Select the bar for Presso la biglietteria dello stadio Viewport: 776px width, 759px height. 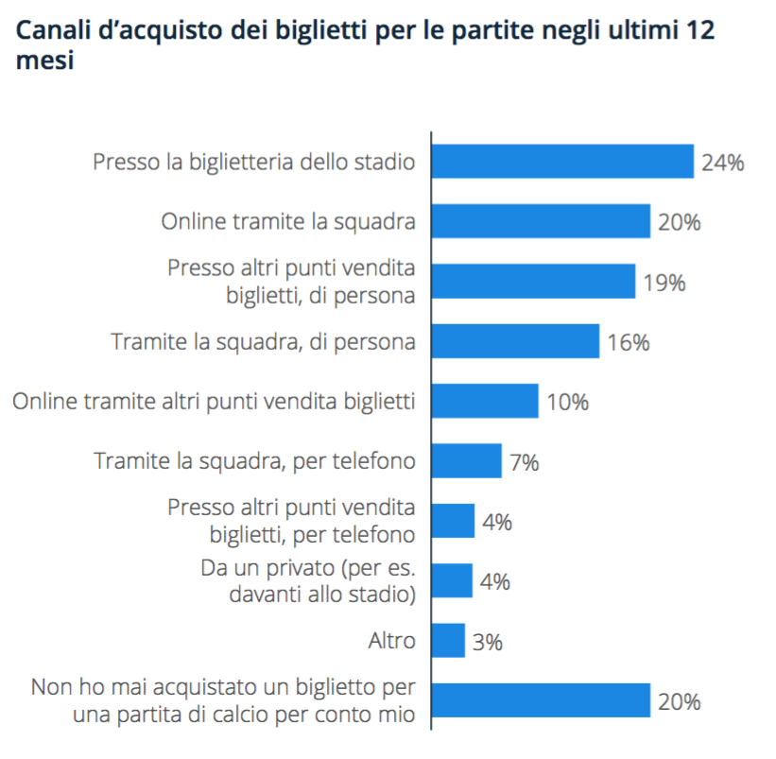(x=562, y=162)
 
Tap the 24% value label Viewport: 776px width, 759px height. (x=723, y=163)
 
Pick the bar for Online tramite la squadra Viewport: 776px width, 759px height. (x=541, y=222)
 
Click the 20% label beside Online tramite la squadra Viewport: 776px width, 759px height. (x=679, y=223)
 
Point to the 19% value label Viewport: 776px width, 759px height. (x=664, y=282)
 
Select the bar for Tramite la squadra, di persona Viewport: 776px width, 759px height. (x=515, y=341)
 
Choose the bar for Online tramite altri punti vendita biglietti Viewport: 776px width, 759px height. (x=485, y=402)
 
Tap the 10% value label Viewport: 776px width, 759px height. (x=567, y=403)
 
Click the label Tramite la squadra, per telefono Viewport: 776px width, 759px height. (x=254, y=461)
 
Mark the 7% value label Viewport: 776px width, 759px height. (x=524, y=462)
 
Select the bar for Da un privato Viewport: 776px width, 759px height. (x=452, y=580)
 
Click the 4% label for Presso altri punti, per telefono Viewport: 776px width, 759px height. (x=496, y=522)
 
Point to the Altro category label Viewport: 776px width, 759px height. (x=391, y=641)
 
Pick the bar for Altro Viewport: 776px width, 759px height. (x=448, y=641)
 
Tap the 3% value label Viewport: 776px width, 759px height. (x=488, y=642)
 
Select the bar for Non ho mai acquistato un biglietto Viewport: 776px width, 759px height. (x=541, y=700)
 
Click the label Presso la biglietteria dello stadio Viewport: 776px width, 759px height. (x=254, y=162)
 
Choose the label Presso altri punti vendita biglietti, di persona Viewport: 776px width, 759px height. (x=291, y=282)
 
